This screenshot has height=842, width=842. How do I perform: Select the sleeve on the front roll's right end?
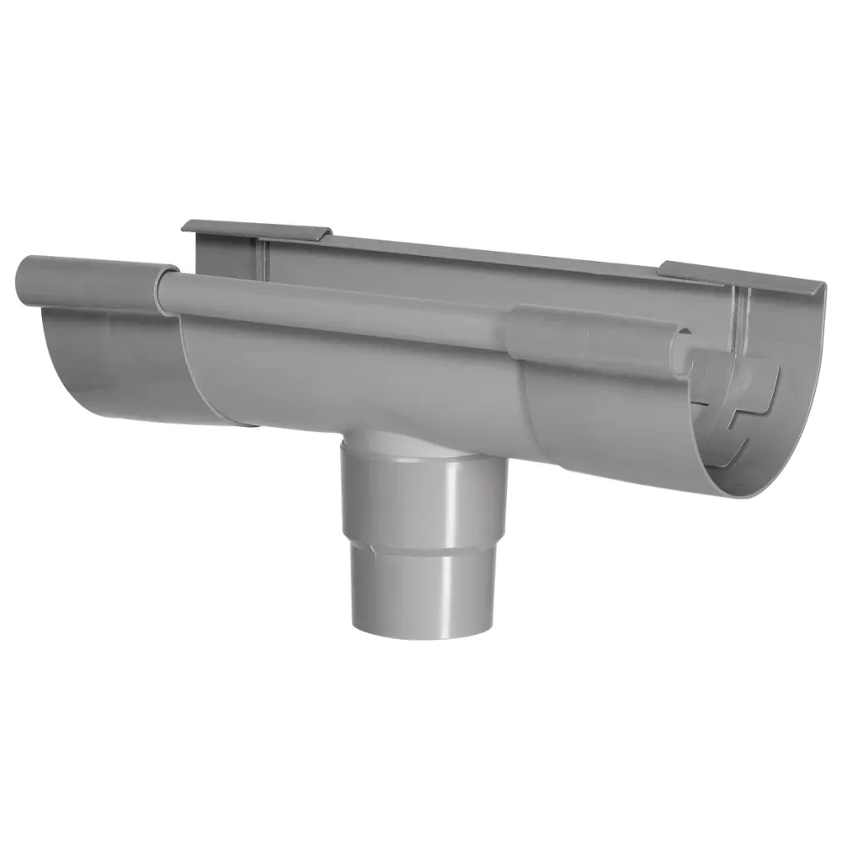point(589,337)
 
